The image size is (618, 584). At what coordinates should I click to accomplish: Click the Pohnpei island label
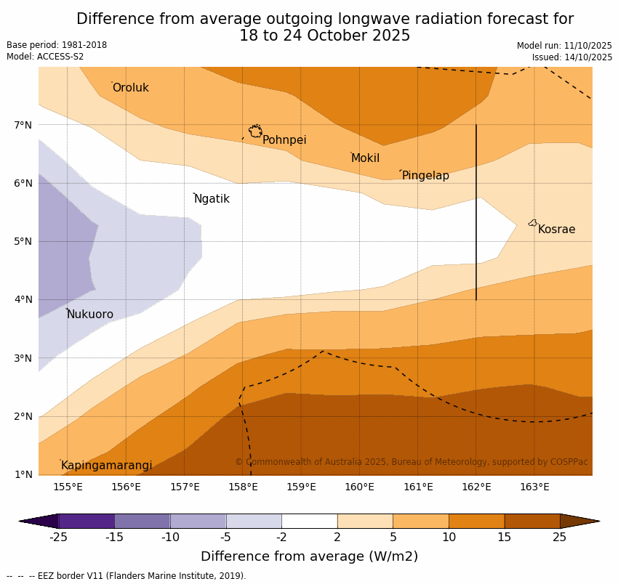[284, 140]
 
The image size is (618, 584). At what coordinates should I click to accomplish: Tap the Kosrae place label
[556, 230]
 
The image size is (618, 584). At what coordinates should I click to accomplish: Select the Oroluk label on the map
[130, 88]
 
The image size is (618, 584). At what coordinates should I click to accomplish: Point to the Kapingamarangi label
[106, 466]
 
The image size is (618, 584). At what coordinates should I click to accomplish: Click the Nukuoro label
[90, 315]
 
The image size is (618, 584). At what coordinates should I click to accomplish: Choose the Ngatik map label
[212, 199]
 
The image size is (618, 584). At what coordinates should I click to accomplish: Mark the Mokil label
[365, 158]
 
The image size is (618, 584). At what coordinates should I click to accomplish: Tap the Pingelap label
[425, 176]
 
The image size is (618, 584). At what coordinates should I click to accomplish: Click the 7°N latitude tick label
[23, 125]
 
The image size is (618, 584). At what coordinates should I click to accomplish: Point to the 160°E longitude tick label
[359, 487]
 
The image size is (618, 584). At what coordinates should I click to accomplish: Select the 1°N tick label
[23, 475]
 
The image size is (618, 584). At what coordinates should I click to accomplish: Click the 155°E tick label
[68, 487]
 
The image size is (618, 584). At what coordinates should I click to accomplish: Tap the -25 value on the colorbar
[58, 538]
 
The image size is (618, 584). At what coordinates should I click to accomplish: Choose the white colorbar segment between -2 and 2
[309, 521]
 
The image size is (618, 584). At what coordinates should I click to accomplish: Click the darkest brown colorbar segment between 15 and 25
[532, 521]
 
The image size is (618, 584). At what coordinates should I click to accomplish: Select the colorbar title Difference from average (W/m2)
[309, 557]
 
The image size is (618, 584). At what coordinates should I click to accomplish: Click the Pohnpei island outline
[255, 131]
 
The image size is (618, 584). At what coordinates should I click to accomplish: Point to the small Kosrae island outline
[533, 223]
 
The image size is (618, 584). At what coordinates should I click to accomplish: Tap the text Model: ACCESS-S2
[45, 57]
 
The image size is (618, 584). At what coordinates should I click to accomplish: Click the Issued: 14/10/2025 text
[571, 57]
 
